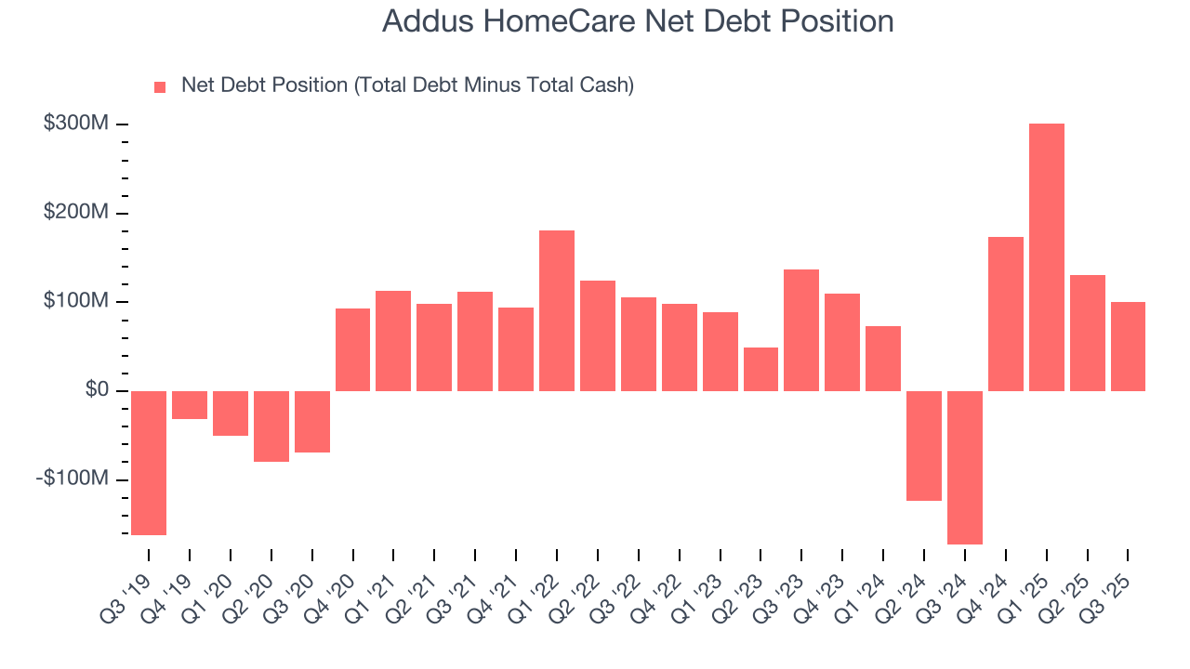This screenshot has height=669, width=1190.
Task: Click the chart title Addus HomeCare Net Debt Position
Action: (638, 21)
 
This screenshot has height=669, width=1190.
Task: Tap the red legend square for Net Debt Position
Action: (160, 86)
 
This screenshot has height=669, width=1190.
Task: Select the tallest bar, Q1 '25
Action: (1046, 257)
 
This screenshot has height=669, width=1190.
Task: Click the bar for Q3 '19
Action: (149, 463)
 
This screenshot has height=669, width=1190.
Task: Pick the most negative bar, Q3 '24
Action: (964, 467)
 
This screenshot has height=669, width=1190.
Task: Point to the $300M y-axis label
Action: (76, 124)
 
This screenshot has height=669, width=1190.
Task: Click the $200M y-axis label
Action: (76, 213)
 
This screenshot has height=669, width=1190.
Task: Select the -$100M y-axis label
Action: (73, 479)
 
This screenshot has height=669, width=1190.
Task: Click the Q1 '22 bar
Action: (557, 310)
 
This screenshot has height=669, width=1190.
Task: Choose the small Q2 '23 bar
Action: (760, 369)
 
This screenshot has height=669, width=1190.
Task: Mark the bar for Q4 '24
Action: (1005, 314)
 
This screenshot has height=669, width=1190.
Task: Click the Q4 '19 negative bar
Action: (190, 405)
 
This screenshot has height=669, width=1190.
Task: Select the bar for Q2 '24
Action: (924, 446)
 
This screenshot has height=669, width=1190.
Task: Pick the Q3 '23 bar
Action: (801, 330)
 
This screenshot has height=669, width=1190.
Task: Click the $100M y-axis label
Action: (76, 301)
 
